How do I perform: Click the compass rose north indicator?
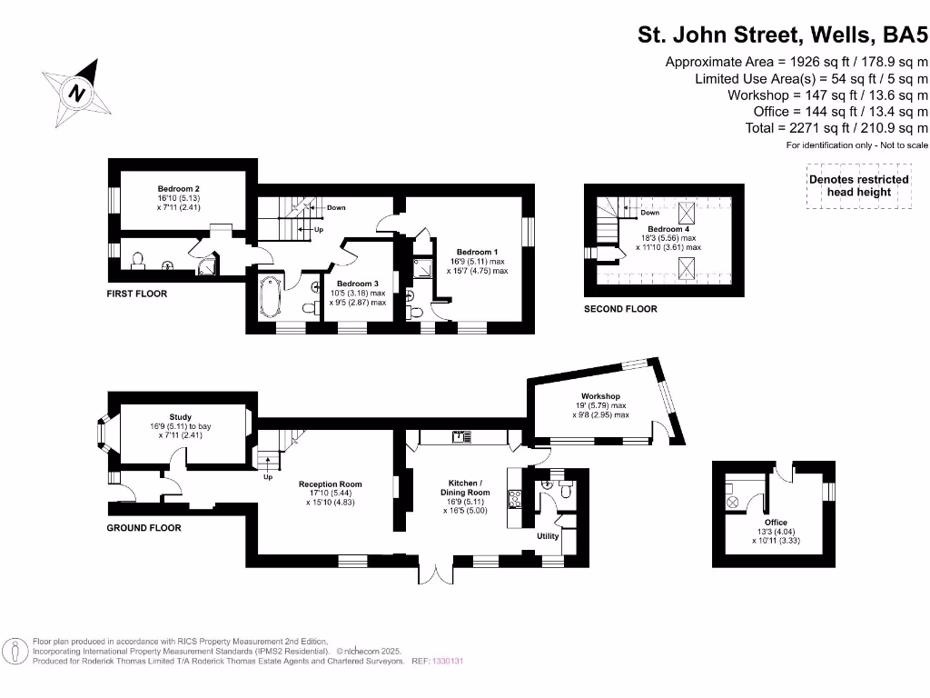click(x=78, y=92)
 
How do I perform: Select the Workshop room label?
click(x=600, y=396)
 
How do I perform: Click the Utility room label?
click(x=548, y=536)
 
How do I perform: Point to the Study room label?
click(x=180, y=417)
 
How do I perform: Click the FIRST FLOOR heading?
click(x=137, y=294)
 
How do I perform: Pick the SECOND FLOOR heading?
click(x=620, y=309)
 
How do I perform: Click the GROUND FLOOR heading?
click(x=143, y=528)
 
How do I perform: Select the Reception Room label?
click(x=331, y=484)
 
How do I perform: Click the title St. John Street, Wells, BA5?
click(x=783, y=35)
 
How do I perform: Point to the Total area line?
click(x=836, y=128)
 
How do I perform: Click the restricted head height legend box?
click(x=858, y=185)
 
